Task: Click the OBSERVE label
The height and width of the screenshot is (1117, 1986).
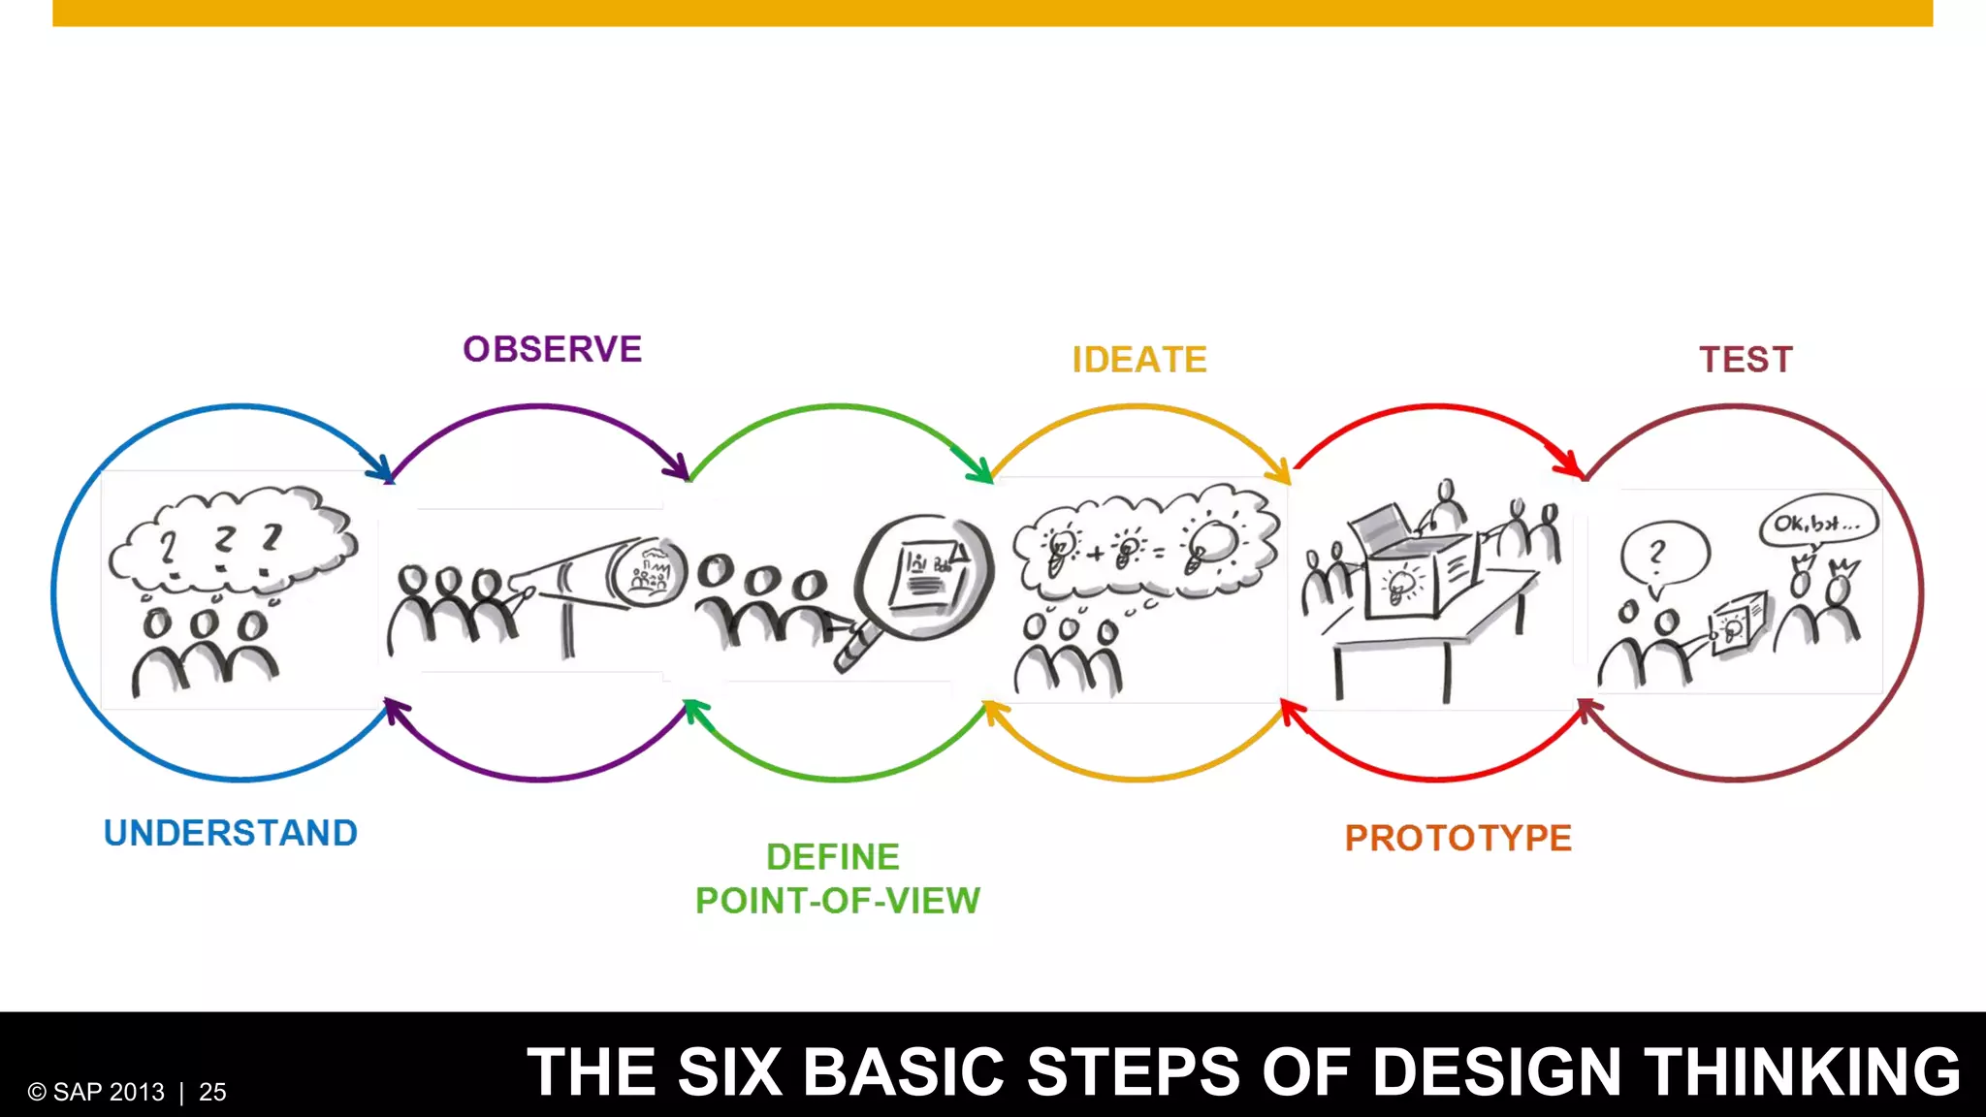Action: (552, 349)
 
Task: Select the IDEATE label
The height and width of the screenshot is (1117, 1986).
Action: (1139, 360)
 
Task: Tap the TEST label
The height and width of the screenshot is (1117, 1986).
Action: (1746, 360)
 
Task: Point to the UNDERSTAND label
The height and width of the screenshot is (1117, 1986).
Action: (231, 833)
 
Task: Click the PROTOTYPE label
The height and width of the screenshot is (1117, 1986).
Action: (1457, 838)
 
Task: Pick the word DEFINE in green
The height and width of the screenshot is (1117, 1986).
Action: (833, 857)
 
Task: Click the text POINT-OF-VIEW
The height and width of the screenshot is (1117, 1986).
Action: (838, 901)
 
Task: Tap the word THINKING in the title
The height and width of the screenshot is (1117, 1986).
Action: (1803, 1071)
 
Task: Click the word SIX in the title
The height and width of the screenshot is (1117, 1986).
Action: (729, 1071)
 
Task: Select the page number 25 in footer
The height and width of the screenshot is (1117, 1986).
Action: (212, 1093)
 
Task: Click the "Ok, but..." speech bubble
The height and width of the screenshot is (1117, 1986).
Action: (1818, 524)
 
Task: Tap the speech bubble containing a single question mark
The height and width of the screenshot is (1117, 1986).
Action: (1663, 555)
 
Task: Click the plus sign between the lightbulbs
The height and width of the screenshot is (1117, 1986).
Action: (1095, 555)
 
